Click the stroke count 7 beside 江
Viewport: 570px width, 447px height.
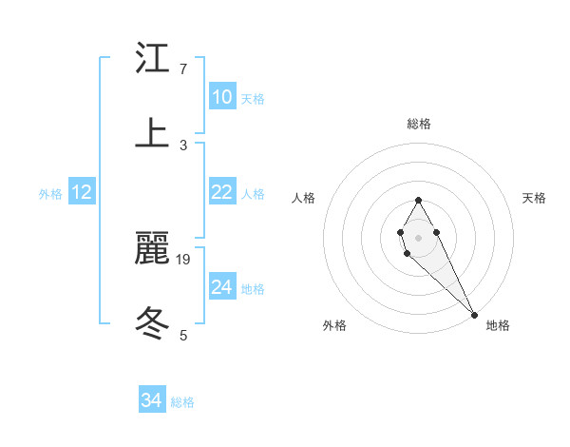[183, 69]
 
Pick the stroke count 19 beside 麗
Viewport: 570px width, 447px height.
[184, 258]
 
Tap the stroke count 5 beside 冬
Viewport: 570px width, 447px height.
[183, 334]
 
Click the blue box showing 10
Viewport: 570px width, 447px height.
[221, 97]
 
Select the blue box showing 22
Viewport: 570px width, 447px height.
[221, 192]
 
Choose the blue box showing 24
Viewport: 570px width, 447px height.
[221, 287]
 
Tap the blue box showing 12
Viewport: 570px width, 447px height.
[82, 192]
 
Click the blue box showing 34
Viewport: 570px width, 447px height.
[152, 400]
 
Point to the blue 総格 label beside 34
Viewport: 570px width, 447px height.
[182, 402]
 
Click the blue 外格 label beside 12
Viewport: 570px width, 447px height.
[50, 194]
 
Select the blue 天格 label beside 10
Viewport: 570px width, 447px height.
[253, 99]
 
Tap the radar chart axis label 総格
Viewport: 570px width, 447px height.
[418, 124]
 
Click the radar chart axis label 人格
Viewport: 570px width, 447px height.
[304, 198]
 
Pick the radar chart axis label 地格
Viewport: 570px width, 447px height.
[498, 326]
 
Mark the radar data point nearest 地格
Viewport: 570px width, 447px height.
[474, 314]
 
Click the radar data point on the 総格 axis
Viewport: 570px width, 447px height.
[418, 200]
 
